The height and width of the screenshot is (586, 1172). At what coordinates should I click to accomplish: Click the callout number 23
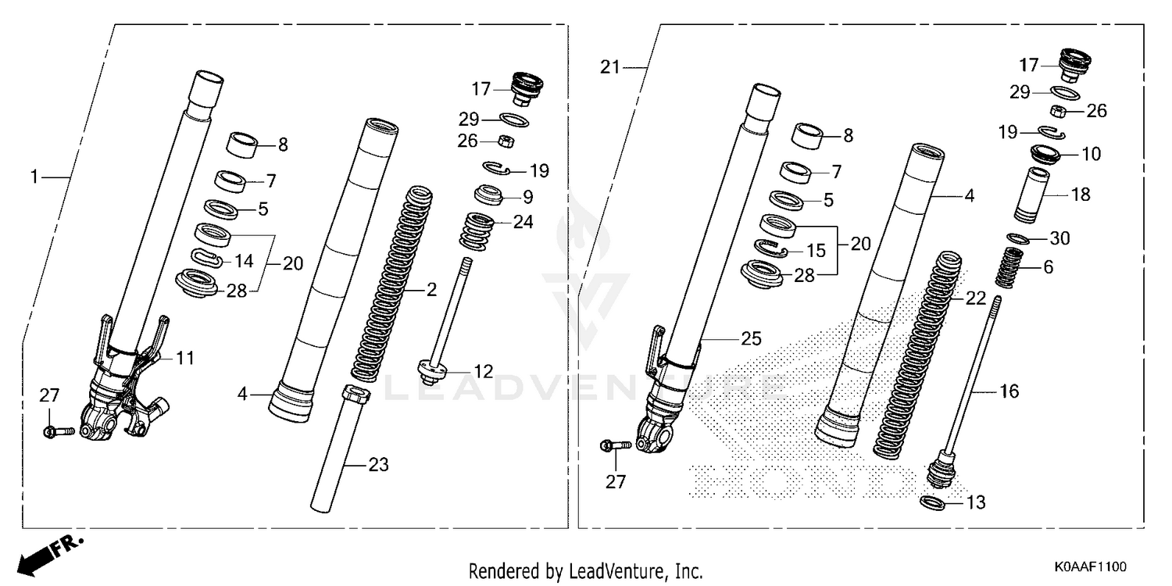point(378,466)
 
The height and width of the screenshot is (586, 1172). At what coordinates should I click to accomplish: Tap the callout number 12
point(484,372)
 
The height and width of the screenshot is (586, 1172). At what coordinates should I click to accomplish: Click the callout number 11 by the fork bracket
point(184,359)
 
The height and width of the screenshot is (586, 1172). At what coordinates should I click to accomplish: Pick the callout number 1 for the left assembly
point(34,178)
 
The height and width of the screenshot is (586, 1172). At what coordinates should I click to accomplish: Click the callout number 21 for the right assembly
point(610,67)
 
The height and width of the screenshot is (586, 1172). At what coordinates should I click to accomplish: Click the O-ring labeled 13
point(934,502)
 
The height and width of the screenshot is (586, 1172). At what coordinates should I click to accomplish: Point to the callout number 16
point(1009,391)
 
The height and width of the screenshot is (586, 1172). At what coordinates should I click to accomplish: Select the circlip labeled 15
point(773,249)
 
